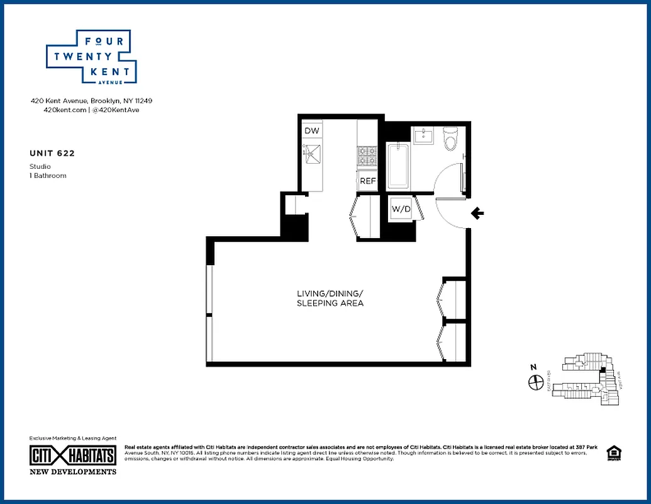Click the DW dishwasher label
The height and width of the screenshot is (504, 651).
click(312, 131)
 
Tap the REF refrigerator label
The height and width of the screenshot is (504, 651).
click(367, 181)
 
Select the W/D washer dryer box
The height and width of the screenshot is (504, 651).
click(401, 209)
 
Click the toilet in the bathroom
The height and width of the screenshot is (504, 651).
click(450, 139)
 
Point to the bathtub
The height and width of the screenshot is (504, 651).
click(398, 166)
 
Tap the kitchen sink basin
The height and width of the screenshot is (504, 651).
click(311, 153)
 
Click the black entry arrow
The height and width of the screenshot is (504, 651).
click(477, 214)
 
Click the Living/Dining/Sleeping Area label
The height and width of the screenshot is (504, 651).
click(330, 299)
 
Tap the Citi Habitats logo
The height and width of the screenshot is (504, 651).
click(73, 455)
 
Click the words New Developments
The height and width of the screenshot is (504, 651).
click(73, 471)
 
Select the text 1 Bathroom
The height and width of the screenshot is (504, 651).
click(48, 176)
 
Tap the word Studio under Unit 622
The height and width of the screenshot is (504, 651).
click(40, 166)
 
